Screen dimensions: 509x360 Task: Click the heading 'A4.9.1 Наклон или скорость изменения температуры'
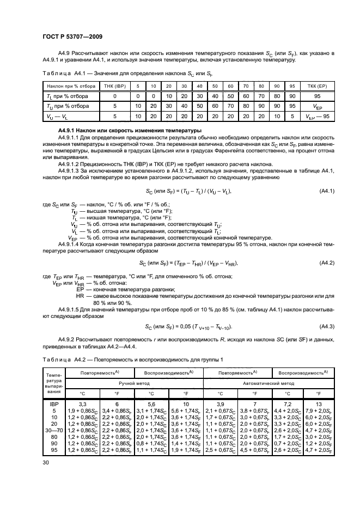pos(118,131)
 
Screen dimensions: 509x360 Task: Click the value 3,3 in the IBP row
pos(83,404)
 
